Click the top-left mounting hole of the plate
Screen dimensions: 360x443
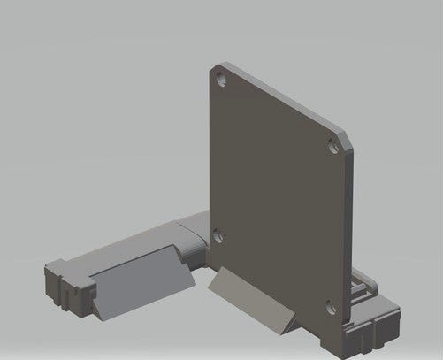[220, 79]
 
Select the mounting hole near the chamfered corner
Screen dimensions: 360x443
[332, 143]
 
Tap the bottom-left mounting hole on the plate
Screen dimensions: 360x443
[218, 235]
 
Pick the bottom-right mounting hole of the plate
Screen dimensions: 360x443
[330, 306]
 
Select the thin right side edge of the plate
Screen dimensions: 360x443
[350, 230]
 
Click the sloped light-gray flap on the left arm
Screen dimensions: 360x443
[141, 281]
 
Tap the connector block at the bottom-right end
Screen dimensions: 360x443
[367, 327]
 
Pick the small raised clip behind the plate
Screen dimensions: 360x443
[361, 282]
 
